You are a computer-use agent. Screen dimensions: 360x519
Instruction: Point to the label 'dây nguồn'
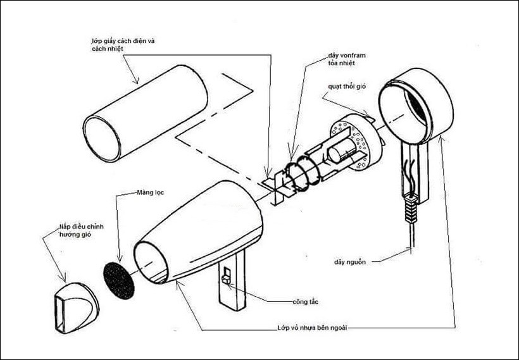[x=352, y=260]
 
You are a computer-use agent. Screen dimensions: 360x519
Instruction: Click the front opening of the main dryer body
[x=153, y=259]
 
